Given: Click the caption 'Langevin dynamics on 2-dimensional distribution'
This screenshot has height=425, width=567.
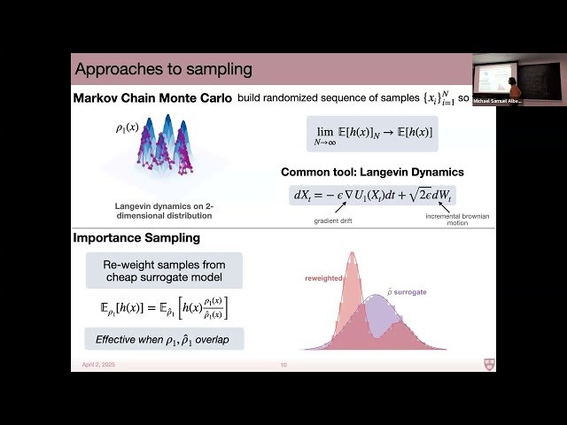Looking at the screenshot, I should [x=163, y=211].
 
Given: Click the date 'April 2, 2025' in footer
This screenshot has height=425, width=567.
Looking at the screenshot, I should [x=89, y=365].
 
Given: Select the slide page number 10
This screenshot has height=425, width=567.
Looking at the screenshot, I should [x=283, y=365].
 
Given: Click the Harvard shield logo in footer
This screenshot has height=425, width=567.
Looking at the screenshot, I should [x=489, y=364].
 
